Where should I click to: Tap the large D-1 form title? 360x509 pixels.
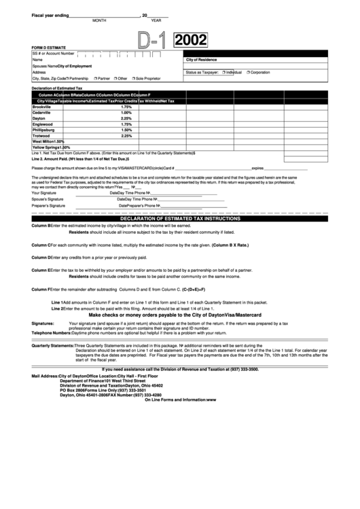coord(153,43)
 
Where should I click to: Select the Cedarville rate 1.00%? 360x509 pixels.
coord(126,113)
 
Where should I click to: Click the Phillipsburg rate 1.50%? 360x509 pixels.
coord(126,130)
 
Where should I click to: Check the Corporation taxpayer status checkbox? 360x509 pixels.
coord(249,71)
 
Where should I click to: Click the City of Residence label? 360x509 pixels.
coord(201,60)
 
